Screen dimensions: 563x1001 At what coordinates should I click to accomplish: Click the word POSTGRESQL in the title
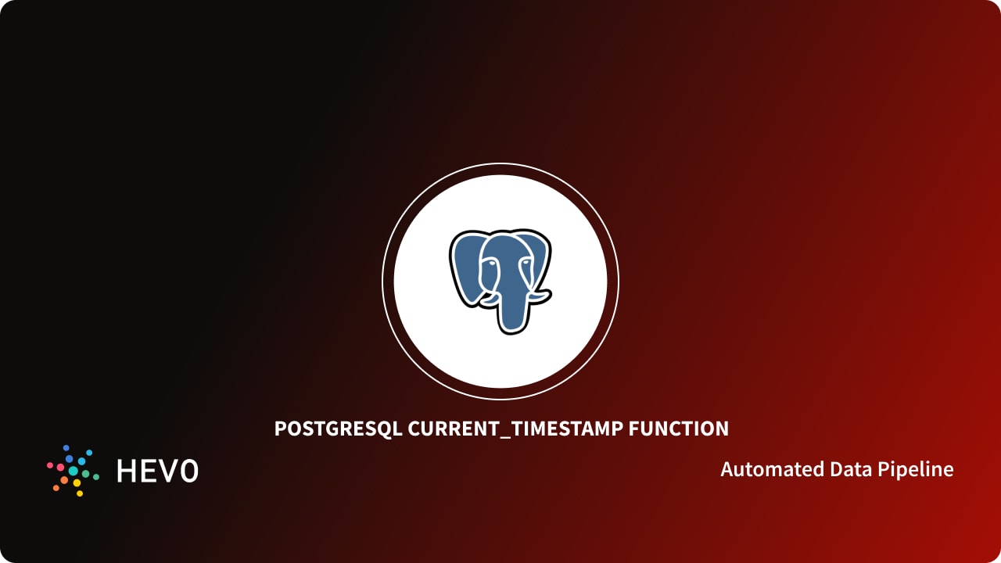(x=339, y=429)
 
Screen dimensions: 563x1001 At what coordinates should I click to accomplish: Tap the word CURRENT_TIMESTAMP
(x=515, y=429)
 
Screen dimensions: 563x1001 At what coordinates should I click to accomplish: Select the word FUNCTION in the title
(x=678, y=429)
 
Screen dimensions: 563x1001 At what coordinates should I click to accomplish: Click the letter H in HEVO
(x=126, y=471)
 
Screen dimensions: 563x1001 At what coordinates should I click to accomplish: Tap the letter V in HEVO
(x=167, y=471)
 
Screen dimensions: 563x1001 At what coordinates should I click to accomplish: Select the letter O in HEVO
(x=188, y=471)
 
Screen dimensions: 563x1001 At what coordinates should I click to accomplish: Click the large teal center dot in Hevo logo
(x=74, y=472)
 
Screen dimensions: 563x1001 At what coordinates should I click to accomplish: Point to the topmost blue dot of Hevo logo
(x=69, y=449)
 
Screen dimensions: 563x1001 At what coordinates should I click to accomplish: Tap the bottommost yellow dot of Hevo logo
(x=79, y=493)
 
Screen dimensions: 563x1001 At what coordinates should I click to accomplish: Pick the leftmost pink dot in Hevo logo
(x=50, y=465)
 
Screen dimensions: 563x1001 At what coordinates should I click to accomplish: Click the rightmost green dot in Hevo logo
(x=95, y=475)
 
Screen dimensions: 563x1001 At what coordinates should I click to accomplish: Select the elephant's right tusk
(x=540, y=296)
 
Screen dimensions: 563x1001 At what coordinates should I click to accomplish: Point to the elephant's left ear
(x=465, y=266)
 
